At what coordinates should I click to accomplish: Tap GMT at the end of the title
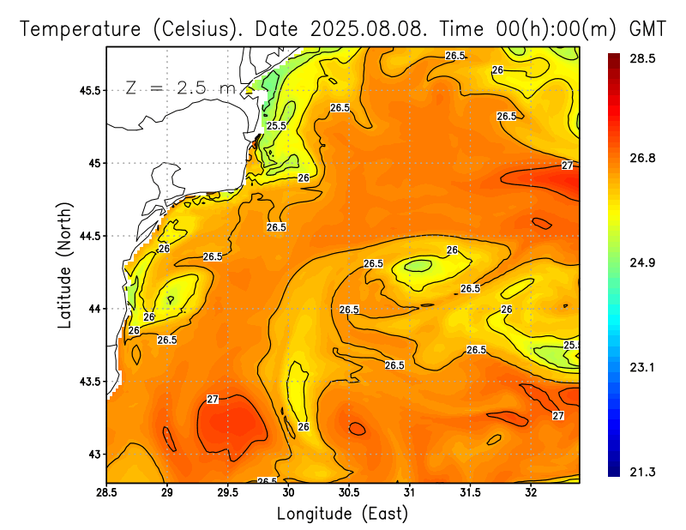pos(647,28)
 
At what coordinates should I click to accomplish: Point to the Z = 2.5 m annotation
pos(179,88)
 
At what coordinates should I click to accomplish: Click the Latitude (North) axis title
pos(65,265)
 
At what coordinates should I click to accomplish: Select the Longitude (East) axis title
pos(342,514)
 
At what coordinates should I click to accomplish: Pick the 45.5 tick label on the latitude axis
pos(89,90)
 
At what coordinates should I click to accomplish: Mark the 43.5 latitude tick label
pos(89,381)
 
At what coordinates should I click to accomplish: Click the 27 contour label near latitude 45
pos(567,166)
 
